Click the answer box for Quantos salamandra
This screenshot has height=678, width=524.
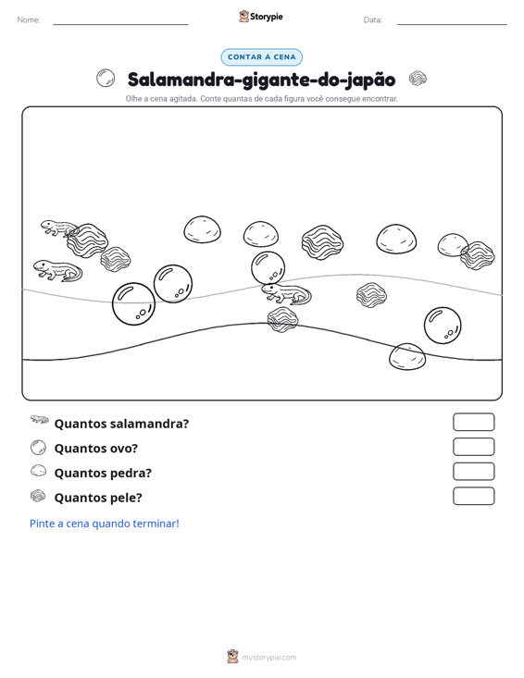pos(473,422)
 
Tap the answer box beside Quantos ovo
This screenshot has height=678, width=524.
pos(473,447)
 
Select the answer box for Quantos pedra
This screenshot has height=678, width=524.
pos(473,472)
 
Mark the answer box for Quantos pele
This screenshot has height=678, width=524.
pos(473,496)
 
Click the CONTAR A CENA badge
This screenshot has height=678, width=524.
pos(261,57)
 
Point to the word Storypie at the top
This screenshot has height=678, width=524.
pos(266,17)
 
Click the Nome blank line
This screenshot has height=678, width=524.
pos(120,24)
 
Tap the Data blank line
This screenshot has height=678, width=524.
pos(452,24)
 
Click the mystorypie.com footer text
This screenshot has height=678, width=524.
pos(268,658)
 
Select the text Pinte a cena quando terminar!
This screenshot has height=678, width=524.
pos(105,524)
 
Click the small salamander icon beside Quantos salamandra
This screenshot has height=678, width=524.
pos(40,419)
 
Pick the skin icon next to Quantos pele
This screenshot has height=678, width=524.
pos(38,496)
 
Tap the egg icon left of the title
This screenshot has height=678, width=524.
pos(106,79)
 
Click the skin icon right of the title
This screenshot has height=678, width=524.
pos(418,79)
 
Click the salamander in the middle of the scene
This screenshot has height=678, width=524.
pos(286,294)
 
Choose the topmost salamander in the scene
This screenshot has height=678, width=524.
pos(59,228)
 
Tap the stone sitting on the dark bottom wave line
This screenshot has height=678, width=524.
pos(407,357)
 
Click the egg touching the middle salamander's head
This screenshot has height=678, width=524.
pos(268,268)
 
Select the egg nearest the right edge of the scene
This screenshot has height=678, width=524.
pos(443,326)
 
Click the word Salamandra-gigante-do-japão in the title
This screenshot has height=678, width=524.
pos(261,80)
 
